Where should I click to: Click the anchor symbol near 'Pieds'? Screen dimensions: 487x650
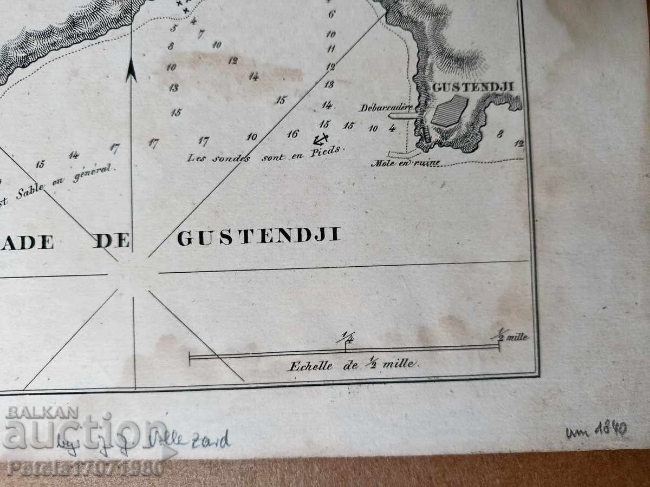click(321, 140)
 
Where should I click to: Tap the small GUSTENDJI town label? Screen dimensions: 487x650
click(472, 87)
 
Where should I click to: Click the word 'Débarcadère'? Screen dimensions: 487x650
click(385, 107)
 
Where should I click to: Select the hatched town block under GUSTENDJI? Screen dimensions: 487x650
click(450, 111)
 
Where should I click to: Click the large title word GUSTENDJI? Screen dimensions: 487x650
click(259, 237)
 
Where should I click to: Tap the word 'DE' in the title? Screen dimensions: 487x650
click(112, 241)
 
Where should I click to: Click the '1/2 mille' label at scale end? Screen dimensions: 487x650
click(511, 336)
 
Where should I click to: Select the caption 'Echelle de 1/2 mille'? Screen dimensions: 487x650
click(353, 365)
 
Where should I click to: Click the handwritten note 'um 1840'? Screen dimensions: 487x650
click(596, 431)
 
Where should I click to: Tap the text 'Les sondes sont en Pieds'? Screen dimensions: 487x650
click(266, 154)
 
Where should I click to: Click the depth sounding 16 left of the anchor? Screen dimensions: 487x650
click(293, 134)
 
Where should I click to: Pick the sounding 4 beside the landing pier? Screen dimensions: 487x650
click(392, 128)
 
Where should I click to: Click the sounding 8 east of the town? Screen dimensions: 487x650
click(500, 133)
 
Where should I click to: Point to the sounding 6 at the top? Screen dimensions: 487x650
click(331, 15)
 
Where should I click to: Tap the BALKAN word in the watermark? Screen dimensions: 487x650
click(42, 412)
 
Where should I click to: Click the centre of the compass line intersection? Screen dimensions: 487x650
click(132, 274)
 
